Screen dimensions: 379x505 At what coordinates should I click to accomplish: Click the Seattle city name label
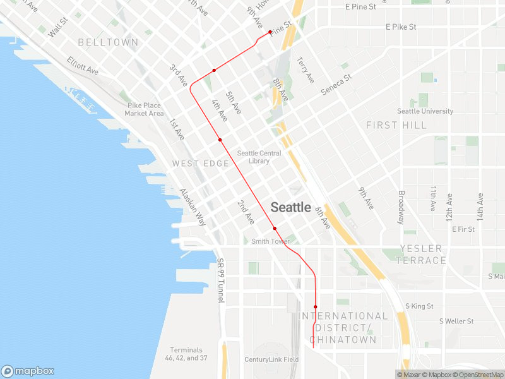pyautogui.click(x=290, y=207)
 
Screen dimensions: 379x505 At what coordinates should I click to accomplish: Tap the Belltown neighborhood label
pyautogui.click(x=108, y=42)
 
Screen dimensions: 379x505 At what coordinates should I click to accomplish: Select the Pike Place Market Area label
pyautogui.click(x=144, y=109)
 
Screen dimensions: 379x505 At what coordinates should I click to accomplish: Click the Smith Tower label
pyautogui.click(x=270, y=241)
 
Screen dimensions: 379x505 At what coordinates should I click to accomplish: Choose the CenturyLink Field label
pyautogui.click(x=271, y=359)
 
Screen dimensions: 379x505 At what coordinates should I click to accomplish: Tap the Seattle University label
pyautogui.click(x=425, y=111)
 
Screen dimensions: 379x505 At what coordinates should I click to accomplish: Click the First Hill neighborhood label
pyautogui.click(x=396, y=125)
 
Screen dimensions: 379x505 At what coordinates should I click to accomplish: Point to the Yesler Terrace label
pyautogui.click(x=422, y=254)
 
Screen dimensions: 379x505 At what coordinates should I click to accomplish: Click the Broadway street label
pyautogui.click(x=400, y=207)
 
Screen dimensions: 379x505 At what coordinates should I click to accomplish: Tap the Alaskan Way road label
pyautogui.click(x=193, y=207)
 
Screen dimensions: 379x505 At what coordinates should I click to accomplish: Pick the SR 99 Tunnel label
pyautogui.click(x=220, y=280)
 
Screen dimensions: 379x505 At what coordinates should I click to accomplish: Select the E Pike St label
pyautogui.click(x=401, y=27)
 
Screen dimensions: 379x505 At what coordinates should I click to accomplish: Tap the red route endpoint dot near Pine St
pyautogui.click(x=270, y=32)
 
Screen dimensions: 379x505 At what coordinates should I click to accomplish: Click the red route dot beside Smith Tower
pyautogui.click(x=275, y=228)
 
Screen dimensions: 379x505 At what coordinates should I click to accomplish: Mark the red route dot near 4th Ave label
pyautogui.click(x=220, y=140)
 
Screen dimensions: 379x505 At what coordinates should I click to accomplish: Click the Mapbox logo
pyautogui.click(x=28, y=371)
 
